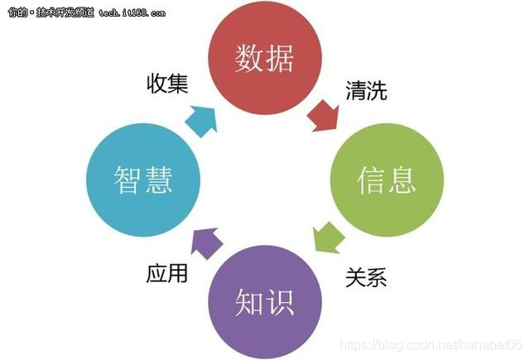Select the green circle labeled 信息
click(386, 179)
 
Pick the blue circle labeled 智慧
click(142, 179)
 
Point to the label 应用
click(166, 273)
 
